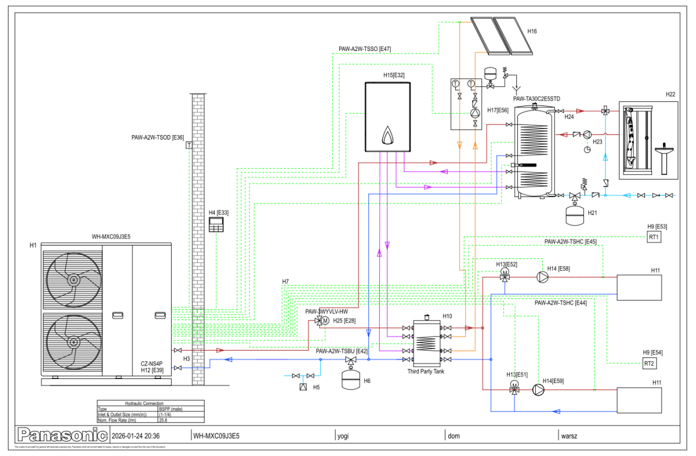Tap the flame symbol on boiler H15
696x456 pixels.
pos(387,135)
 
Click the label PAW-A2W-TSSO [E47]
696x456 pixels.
pos(365,49)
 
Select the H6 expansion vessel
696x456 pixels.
pos(350,380)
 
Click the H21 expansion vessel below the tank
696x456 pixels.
pos(575,214)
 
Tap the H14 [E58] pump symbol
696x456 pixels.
pos(542,278)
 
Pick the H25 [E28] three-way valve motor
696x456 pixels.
pos(325,320)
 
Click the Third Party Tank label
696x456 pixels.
pos(426,371)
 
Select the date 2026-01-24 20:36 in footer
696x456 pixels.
pos(136,436)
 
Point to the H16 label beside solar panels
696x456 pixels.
pos(532,31)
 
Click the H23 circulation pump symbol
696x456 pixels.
pos(587,134)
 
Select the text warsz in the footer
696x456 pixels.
pos(568,436)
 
